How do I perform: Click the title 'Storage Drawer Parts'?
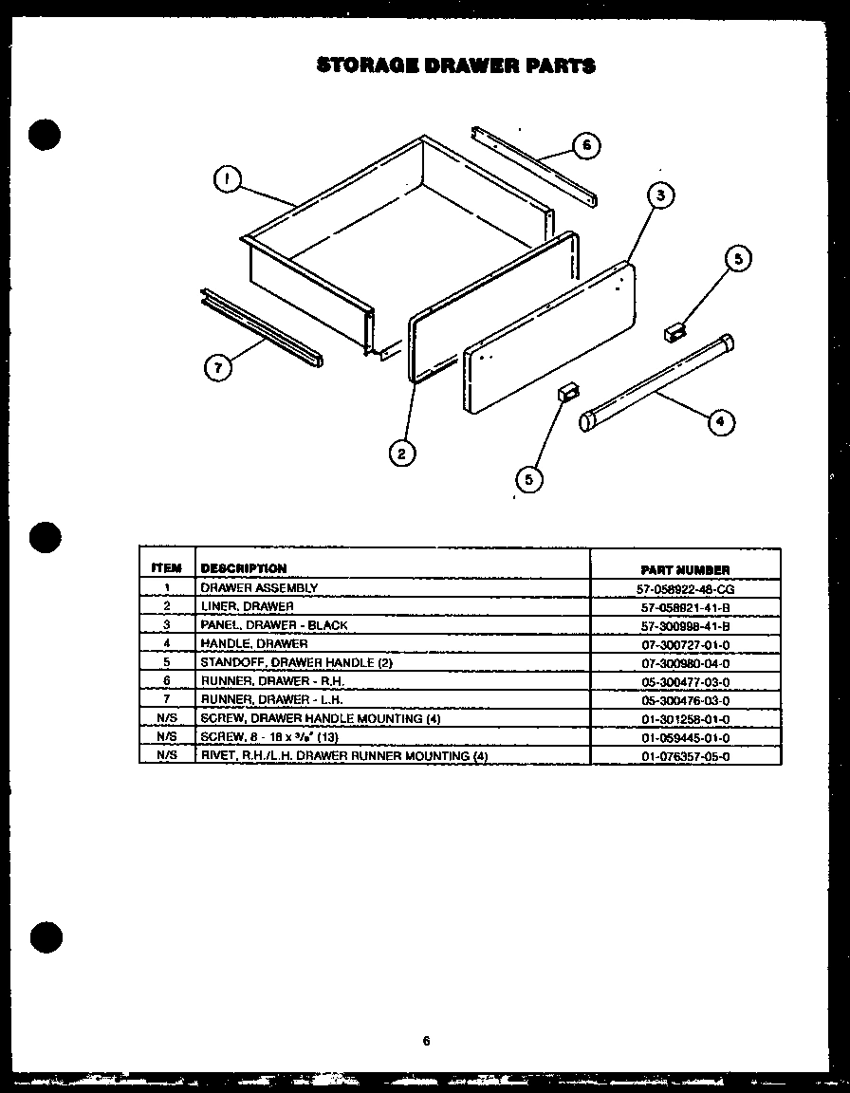coord(455,65)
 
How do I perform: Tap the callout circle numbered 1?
coord(227,179)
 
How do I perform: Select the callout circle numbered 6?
coord(586,145)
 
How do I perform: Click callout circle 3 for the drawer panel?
coord(660,196)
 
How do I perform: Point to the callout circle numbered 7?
coord(219,369)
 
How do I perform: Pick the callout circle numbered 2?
coord(402,454)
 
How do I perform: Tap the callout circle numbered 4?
coord(721,422)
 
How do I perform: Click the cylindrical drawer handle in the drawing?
coord(658,381)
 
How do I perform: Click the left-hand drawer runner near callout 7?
coord(262,328)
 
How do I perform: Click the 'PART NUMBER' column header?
coord(685,569)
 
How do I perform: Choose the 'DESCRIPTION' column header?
coord(244,568)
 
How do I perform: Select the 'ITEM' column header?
coord(166,568)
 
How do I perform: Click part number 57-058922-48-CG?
coord(685,588)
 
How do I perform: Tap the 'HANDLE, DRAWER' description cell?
coord(253,643)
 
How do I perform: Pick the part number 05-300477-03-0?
coord(685,681)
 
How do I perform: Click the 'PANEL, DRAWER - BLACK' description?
coord(273,625)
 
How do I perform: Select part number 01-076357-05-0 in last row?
coord(685,756)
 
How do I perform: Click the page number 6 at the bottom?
coord(427,1040)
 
